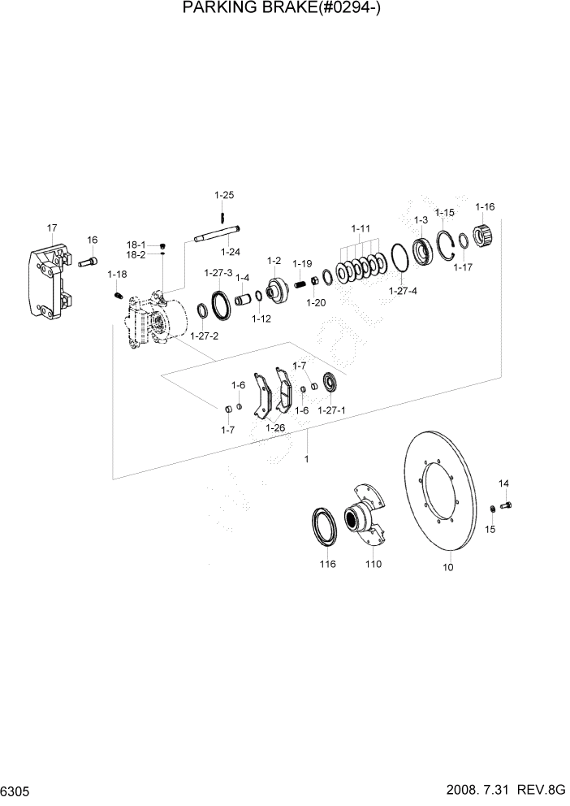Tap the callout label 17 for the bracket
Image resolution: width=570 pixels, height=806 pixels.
click(52, 227)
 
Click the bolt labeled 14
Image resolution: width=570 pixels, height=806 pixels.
click(506, 505)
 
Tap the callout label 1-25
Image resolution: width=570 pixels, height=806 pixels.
click(224, 195)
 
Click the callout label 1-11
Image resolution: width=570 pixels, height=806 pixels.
click(361, 228)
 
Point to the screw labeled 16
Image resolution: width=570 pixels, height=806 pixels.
click(89, 262)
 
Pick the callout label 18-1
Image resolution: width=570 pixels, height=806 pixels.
click(135, 245)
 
